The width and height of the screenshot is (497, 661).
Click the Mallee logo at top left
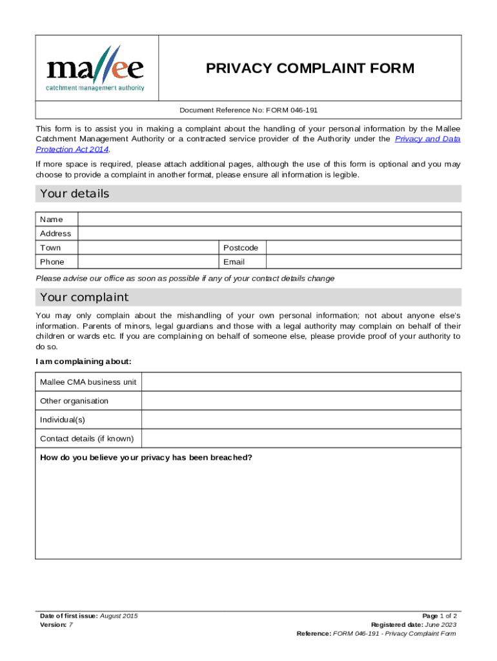pyautogui.click(x=96, y=68)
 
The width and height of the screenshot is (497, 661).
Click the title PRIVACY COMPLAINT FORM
pyautogui.click(x=310, y=68)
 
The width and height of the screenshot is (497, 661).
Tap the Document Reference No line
pyautogui.click(x=249, y=110)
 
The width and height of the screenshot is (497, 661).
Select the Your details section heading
pyautogui.click(x=75, y=194)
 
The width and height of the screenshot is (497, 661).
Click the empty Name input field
pyautogui.click(x=269, y=219)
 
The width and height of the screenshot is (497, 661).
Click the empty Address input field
pyautogui.click(x=269, y=234)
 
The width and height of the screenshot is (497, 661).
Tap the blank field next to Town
pyautogui.click(x=148, y=248)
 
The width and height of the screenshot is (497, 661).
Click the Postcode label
pyautogui.click(x=241, y=248)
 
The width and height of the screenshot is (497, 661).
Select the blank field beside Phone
pyautogui.click(x=148, y=262)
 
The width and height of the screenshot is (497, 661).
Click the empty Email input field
pyautogui.click(x=363, y=262)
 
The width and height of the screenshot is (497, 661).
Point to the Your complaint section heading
pyautogui.click(x=85, y=298)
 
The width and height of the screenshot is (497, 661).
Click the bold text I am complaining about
pyautogui.click(x=84, y=361)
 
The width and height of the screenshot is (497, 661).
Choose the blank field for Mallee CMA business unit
pyautogui.click(x=301, y=382)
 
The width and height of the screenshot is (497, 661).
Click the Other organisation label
pyautogui.click(x=74, y=401)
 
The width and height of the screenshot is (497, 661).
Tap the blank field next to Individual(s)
pyautogui.click(x=301, y=420)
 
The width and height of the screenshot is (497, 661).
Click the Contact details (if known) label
pyautogui.click(x=86, y=439)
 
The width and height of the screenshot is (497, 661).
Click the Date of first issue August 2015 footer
pyautogui.click(x=88, y=616)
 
